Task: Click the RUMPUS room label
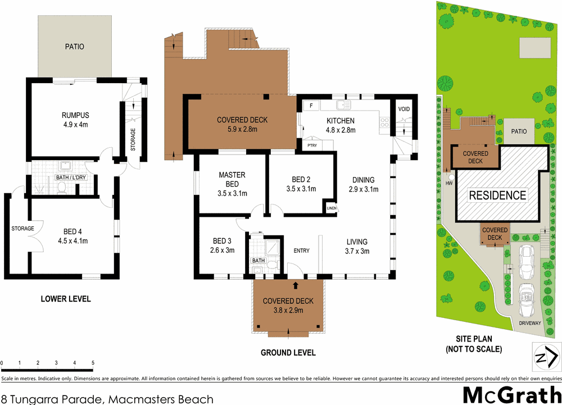point(75,115)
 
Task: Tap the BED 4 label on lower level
point(74,231)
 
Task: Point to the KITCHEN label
point(341,121)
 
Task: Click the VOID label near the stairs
point(404,108)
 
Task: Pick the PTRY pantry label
point(312,145)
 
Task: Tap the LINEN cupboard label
point(332,208)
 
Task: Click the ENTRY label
point(301,251)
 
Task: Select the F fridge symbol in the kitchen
point(310,105)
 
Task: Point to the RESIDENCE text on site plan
point(498,195)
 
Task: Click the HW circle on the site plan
point(449,184)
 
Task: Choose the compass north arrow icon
point(546,357)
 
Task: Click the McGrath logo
point(511,394)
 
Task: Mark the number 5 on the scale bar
point(93,362)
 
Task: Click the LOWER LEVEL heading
point(66,299)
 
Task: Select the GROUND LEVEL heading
point(288,353)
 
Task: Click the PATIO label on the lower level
point(74,47)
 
